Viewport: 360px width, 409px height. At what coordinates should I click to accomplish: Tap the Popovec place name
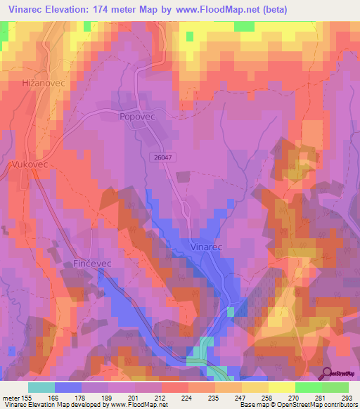(136, 117)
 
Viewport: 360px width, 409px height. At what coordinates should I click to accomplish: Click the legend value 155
(27, 397)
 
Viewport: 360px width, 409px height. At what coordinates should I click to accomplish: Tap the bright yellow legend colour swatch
(282, 387)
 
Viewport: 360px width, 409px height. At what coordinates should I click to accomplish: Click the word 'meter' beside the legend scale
(11, 397)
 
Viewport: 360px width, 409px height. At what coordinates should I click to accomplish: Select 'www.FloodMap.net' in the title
(211, 9)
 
